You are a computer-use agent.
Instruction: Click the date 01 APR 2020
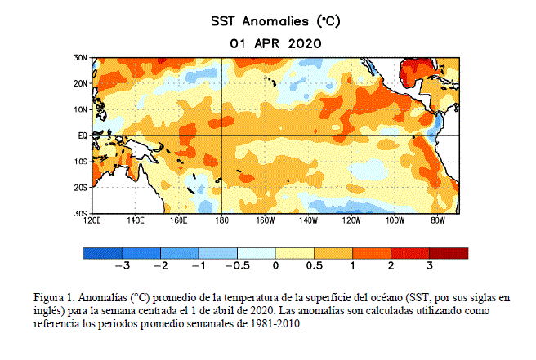tap(275, 42)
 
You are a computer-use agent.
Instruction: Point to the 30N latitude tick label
tap(81, 58)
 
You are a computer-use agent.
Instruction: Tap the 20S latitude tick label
tap(81, 188)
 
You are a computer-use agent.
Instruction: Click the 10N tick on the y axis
tap(81, 109)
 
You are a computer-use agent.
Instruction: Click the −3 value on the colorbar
tap(123, 266)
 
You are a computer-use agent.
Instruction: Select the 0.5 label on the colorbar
tap(315, 266)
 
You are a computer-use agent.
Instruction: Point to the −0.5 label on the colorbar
tap(237, 266)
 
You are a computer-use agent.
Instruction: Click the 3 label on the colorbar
tap(430, 266)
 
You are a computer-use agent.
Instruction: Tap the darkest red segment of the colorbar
tap(449, 253)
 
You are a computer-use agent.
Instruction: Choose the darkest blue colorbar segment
tap(103, 253)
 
